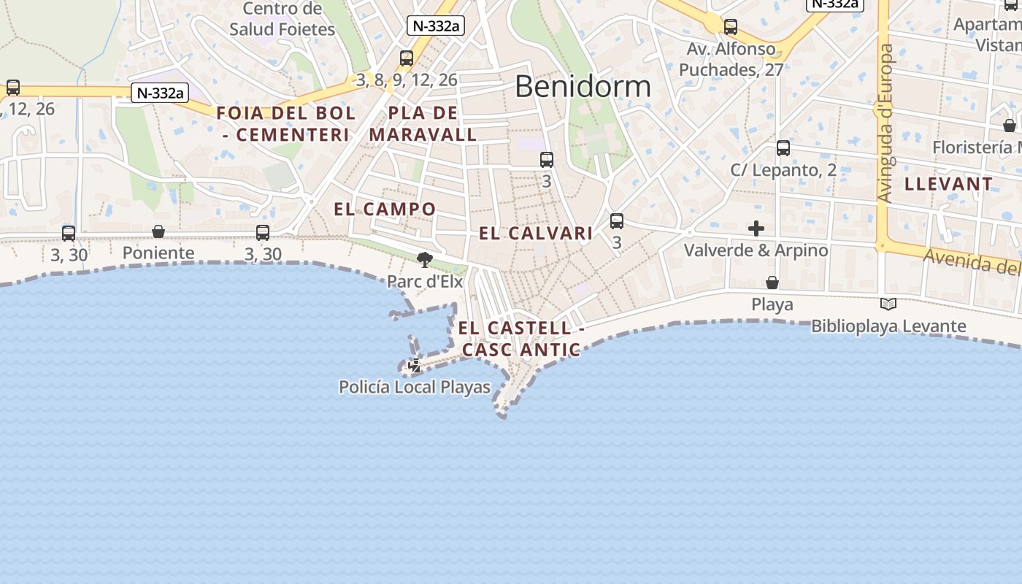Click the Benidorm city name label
583,86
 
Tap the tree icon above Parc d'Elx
424,259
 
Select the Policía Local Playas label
415,387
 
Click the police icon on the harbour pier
415,366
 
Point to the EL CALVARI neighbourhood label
536,234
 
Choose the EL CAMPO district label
385,210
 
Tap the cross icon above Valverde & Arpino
756,228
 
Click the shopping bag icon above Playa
772,283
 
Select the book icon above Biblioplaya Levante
888,304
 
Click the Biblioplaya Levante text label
888,326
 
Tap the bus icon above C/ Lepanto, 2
783,148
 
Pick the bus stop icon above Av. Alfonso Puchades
731,28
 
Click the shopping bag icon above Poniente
158,232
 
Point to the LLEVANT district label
948,184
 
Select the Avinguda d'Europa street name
885,124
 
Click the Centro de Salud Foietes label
282,20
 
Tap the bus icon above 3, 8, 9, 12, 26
407,58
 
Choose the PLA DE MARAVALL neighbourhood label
423,124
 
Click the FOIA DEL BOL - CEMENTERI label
286,124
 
